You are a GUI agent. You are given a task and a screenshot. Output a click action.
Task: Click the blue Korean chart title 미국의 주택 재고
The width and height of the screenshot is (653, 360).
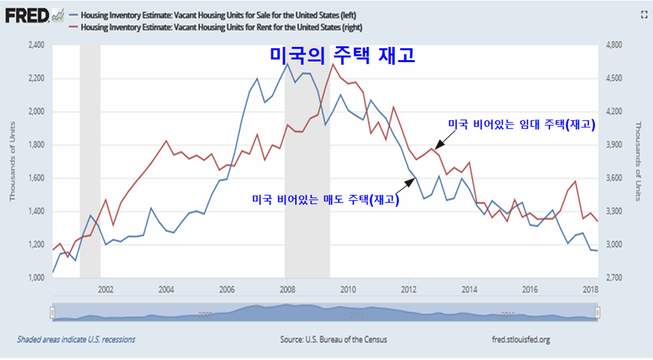(x=342, y=55)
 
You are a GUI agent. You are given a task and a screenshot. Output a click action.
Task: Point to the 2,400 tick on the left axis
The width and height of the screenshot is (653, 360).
(x=35, y=45)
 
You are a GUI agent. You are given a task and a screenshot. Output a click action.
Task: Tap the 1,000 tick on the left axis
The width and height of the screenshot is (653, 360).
(x=35, y=278)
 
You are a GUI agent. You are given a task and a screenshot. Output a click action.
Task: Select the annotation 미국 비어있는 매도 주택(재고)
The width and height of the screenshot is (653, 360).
(x=326, y=200)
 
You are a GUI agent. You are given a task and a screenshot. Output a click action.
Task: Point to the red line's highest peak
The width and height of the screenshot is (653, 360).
(x=333, y=64)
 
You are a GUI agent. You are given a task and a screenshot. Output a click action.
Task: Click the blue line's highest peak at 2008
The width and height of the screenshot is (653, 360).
(x=287, y=63)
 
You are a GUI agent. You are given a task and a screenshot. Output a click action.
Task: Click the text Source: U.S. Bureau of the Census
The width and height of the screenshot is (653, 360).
(x=334, y=340)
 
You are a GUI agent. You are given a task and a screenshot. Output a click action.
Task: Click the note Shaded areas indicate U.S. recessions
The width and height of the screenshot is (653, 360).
(x=76, y=340)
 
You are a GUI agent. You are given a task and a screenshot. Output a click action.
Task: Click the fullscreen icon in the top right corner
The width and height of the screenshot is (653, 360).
(x=643, y=13)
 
